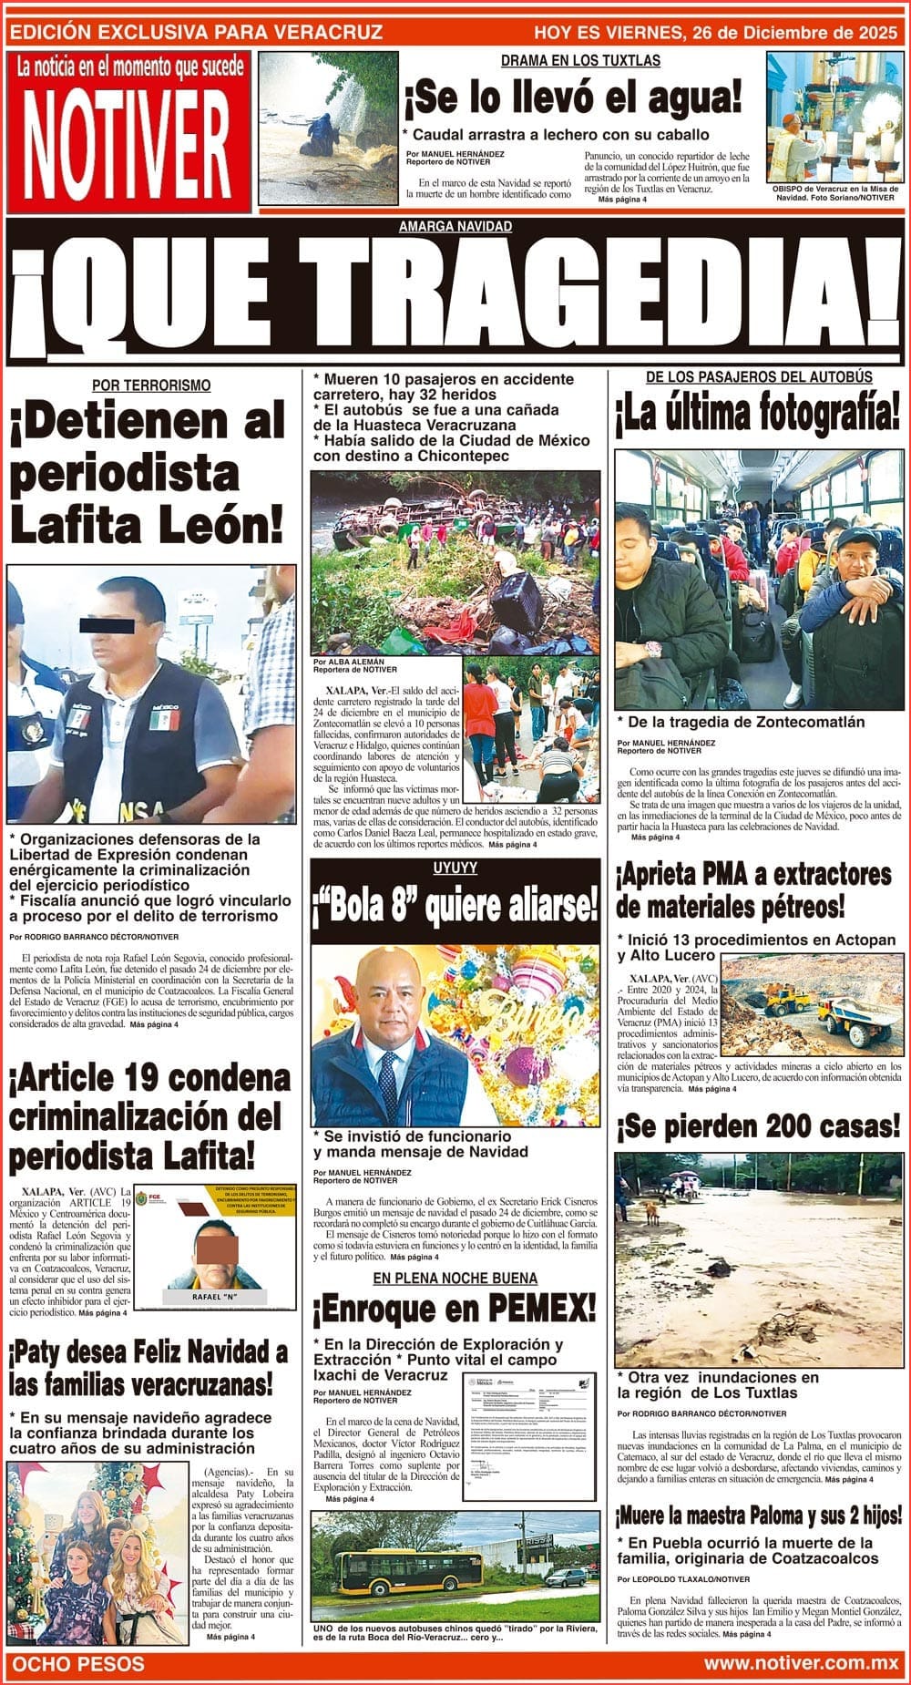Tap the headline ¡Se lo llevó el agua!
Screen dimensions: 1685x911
(574, 98)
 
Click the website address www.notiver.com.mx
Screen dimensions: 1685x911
(801, 1663)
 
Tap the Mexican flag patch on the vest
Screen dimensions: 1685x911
(163, 719)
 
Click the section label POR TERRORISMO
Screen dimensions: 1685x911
(151, 385)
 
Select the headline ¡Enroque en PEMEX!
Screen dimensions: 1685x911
(455, 1310)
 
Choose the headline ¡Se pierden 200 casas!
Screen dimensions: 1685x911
(759, 1127)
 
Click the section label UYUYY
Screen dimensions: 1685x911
(455, 868)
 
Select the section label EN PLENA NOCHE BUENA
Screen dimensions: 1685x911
(455, 1278)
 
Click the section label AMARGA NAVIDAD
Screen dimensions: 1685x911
(455, 226)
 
